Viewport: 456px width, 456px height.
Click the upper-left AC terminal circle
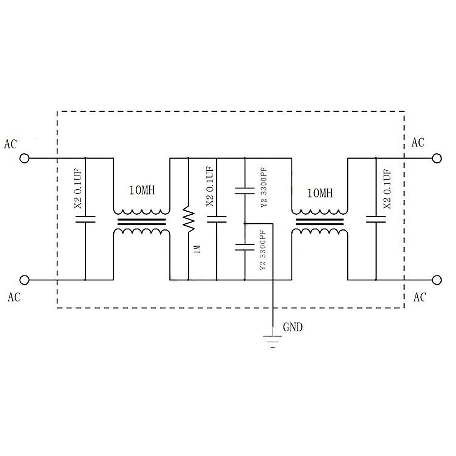24,158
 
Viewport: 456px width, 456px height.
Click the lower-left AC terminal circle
24,280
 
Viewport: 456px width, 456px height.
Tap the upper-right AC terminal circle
437,158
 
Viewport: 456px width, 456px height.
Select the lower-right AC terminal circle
437,280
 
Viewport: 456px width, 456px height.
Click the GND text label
293,327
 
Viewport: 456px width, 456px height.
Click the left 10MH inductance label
142,190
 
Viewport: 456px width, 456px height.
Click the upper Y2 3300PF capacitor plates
245,190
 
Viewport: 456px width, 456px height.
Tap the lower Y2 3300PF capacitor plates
245,247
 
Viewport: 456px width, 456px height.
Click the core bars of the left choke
141,222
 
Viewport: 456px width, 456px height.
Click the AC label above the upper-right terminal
418,142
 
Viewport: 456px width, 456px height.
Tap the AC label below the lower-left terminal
14,297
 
